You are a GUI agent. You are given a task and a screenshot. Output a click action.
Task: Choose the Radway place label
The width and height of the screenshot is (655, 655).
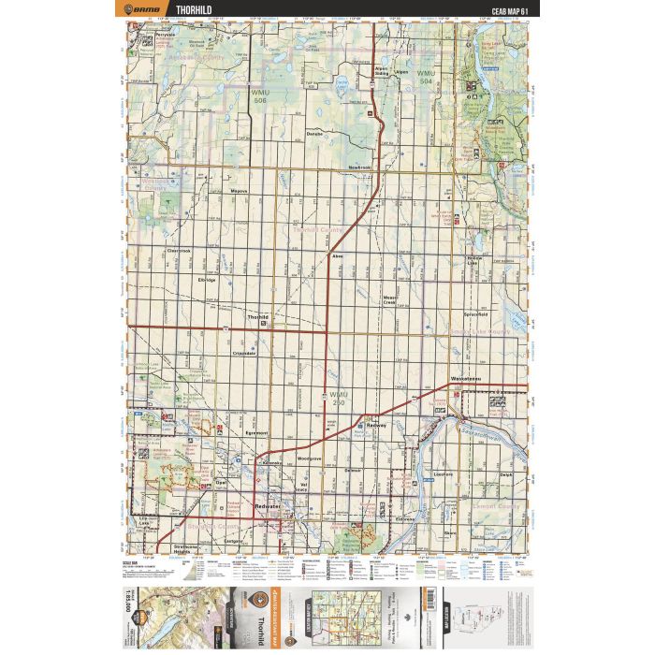point(377,424)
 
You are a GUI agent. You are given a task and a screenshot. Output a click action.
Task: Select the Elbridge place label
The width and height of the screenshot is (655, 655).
point(207,279)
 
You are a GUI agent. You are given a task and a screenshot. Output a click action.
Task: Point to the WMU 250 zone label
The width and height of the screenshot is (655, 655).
point(339,398)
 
